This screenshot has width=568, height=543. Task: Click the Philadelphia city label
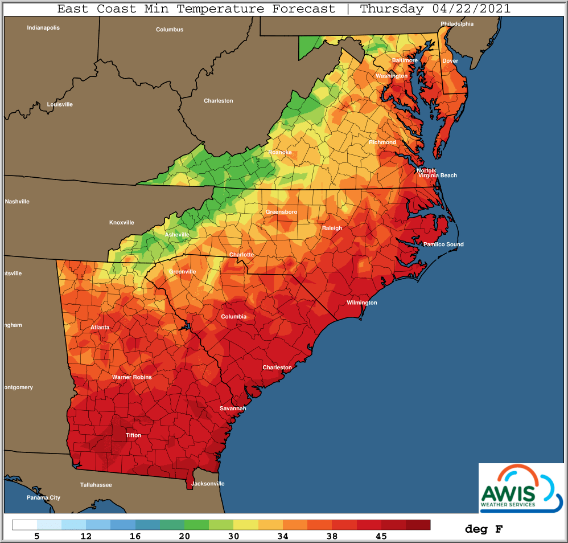point(457,24)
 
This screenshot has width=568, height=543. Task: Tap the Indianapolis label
point(43,27)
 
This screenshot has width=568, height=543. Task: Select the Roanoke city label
point(280,153)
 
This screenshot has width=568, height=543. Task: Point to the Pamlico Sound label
point(443,244)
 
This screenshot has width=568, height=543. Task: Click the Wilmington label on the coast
point(362,303)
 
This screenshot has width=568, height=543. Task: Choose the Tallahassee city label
point(96,485)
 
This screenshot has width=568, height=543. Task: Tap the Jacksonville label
point(208,484)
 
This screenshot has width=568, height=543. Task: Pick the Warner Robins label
point(131,377)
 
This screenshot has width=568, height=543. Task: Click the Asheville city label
point(177,235)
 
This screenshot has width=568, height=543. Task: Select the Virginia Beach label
point(438,175)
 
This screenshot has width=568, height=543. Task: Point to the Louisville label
point(60,104)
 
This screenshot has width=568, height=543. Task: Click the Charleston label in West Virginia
point(219,101)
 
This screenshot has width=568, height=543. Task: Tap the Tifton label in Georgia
point(133,435)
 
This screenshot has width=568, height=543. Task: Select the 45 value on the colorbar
point(381,536)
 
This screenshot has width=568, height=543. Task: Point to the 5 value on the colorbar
point(37,536)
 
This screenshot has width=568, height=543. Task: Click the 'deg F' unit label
point(484,529)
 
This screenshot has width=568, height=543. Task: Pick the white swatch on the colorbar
point(24,525)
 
